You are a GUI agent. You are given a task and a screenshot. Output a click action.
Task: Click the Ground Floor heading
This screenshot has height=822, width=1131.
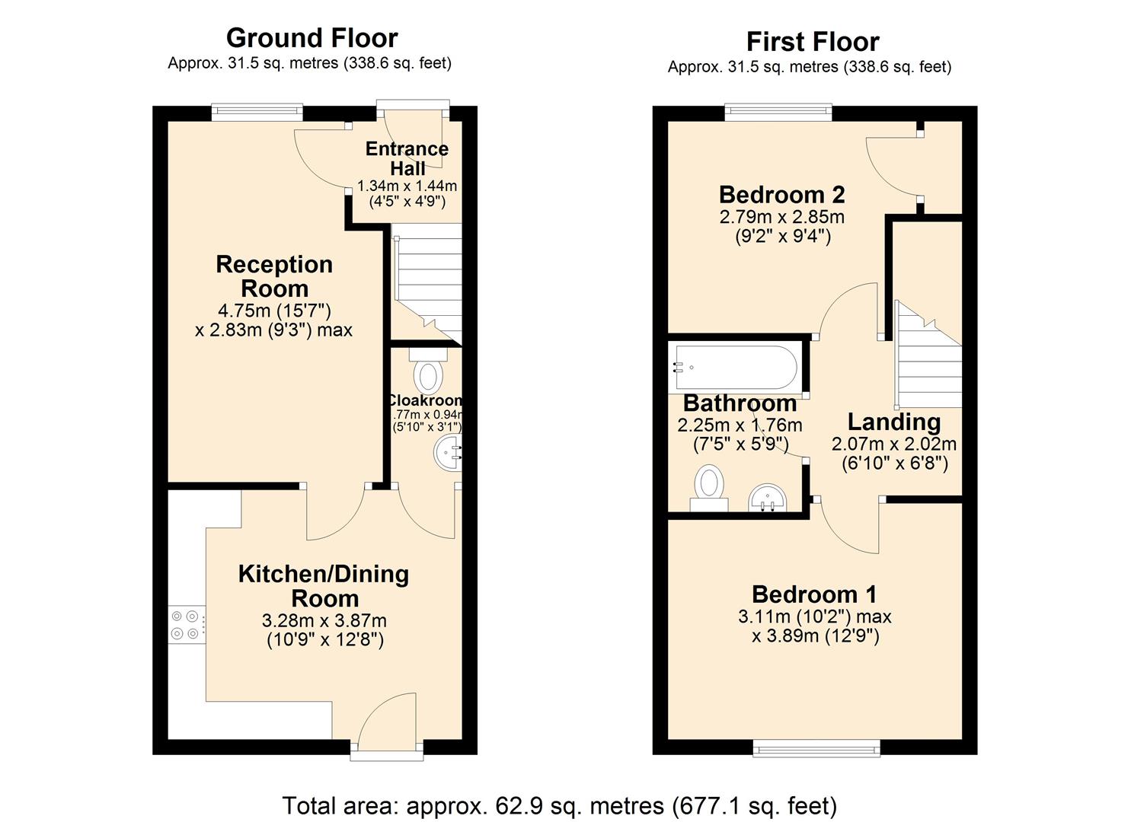click(x=312, y=38)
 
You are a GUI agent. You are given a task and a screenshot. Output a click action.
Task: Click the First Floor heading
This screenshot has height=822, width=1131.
click(x=812, y=42)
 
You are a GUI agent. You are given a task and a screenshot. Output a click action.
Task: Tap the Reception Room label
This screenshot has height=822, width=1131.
click(x=274, y=276)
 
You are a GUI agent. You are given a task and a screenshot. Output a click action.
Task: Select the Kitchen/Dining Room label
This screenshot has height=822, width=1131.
click(x=324, y=586)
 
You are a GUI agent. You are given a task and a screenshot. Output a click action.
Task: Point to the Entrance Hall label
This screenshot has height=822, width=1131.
click(x=407, y=158)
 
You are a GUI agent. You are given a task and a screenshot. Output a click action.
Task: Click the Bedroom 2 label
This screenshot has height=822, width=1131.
click(x=781, y=195)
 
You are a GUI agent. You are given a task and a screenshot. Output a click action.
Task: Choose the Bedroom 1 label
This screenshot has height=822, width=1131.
click(x=814, y=594)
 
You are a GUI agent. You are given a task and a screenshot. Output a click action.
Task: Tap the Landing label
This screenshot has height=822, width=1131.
click(x=894, y=422)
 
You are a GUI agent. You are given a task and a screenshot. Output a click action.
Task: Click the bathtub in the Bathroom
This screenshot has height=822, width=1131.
click(x=736, y=368)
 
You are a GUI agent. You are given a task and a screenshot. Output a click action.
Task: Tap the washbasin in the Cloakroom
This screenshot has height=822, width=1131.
click(x=448, y=454)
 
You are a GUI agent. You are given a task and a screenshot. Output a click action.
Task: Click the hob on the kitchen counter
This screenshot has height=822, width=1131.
click(x=186, y=624)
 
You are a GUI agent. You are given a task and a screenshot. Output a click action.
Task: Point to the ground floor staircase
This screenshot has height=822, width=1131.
click(x=428, y=282)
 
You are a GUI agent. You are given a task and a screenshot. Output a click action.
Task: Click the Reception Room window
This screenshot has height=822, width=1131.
click(x=257, y=113)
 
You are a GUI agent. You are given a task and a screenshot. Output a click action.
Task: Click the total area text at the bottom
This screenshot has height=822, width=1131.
click(x=560, y=805)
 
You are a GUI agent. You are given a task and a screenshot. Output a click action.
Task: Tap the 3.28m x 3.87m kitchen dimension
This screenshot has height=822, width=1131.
click(x=324, y=621)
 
